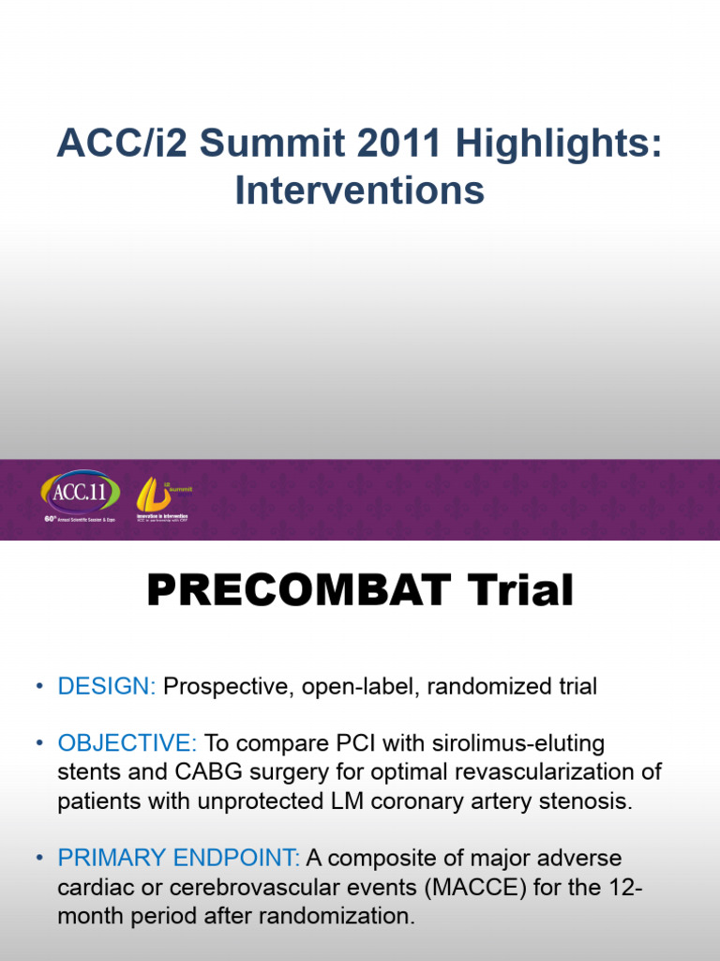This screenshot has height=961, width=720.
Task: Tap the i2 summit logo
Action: click(157, 493)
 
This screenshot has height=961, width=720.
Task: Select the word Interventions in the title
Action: click(360, 191)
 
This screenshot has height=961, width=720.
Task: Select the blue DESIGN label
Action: click(107, 686)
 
